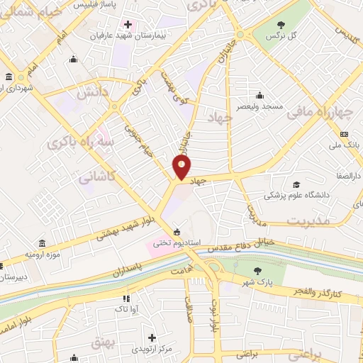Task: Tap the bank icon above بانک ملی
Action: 345,135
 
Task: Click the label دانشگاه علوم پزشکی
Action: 295,195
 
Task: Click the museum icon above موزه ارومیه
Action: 41,243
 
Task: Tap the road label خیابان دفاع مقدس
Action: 228,247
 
